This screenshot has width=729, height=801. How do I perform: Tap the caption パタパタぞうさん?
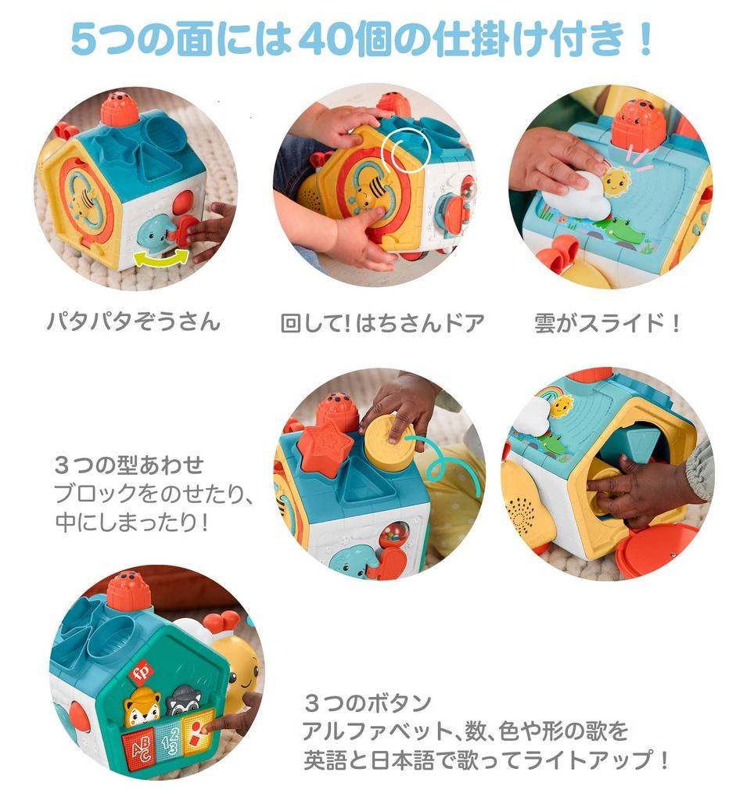click(133, 321)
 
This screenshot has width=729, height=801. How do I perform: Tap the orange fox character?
click(142, 706)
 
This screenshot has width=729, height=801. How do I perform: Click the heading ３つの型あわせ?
click(129, 466)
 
